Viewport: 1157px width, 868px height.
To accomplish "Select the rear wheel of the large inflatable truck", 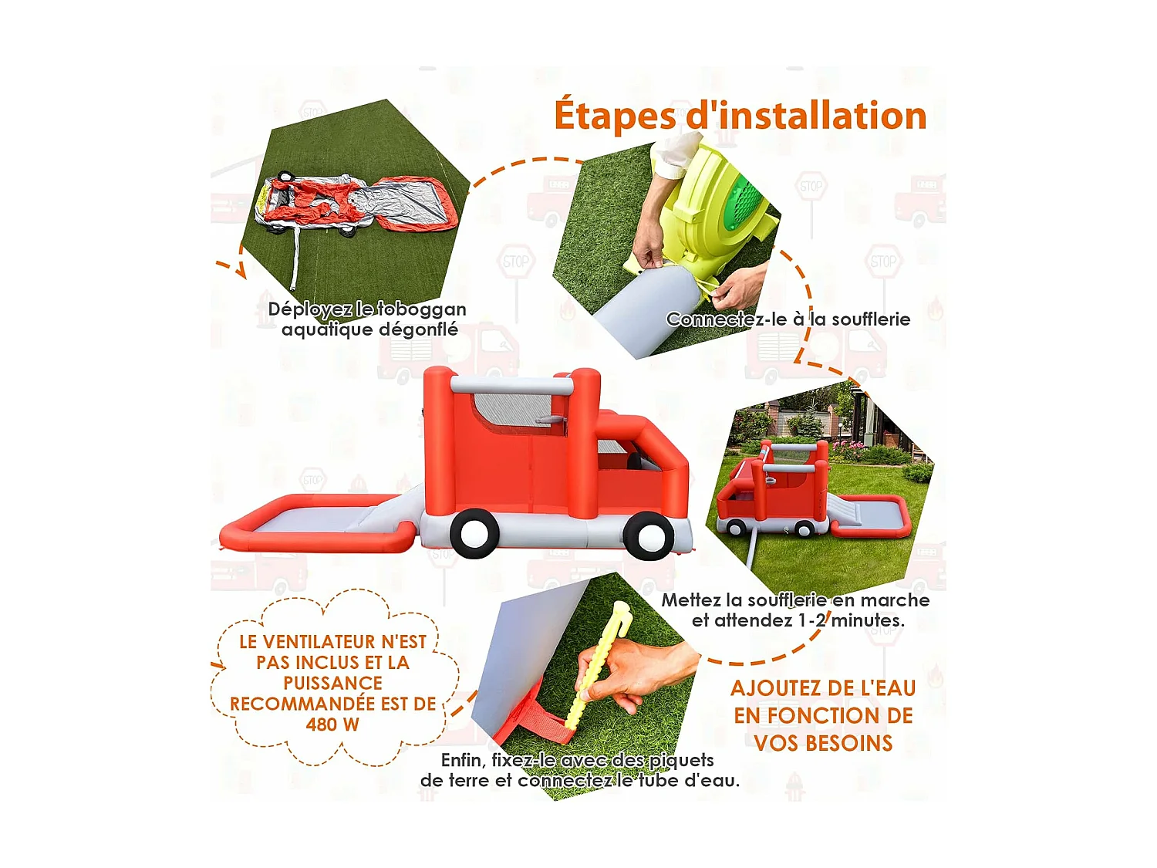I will [x=474, y=533].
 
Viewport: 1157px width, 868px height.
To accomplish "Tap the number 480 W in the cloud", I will [x=332, y=724].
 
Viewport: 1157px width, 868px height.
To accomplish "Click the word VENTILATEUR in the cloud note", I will [x=335, y=642].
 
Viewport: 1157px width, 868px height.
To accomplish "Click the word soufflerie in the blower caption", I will [x=871, y=319].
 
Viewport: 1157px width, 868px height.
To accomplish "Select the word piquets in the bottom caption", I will [x=681, y=761].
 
